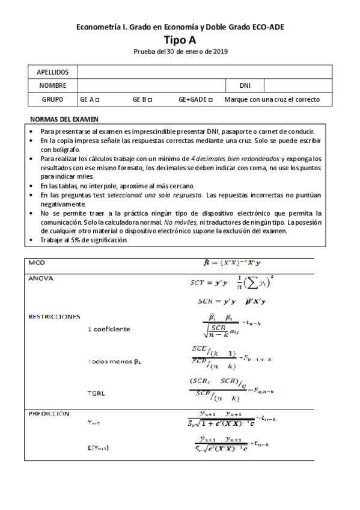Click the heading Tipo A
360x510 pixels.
[x=180, y=40]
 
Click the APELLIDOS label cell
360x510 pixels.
[x=53, y=72]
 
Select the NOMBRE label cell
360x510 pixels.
[x=53, y=86]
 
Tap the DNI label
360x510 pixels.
[x=245, y=86]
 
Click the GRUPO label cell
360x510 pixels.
[x=53, y=100]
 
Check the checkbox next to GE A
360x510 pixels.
[x=97, y=100]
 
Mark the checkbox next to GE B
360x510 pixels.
[x=150, y=100]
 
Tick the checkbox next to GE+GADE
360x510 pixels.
[x=210, y=100]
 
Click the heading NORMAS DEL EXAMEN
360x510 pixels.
[x=64, y=119]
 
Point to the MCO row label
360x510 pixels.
[x=37, y=263]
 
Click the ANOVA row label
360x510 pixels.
[x=41, y=278]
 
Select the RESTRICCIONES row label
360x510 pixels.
[x=54, y=316]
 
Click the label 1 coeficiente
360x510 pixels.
[x=109, y=329]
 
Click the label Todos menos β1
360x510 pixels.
[x=114, y=361]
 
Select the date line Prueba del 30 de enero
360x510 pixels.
[x=180, y=52]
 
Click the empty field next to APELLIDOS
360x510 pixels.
[x=204, y=72]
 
